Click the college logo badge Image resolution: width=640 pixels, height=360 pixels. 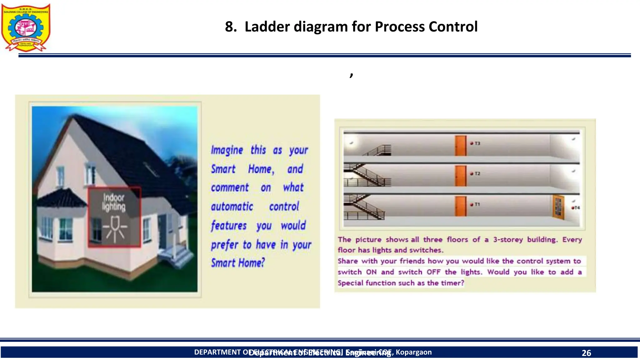tap(26, 27)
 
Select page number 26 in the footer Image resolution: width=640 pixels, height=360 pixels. tap(586, 353)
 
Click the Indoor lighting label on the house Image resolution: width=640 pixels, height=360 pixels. tap(114, 202)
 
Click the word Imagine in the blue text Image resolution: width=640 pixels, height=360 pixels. tap(227, 150)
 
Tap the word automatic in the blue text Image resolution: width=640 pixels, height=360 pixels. tap(232, 207)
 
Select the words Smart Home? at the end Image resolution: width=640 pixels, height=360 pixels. tap(238, 263)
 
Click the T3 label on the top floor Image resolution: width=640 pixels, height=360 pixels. tap(477, 143)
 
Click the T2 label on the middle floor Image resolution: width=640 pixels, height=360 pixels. tap(477, 173)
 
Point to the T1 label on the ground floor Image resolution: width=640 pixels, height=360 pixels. tap(477, 204)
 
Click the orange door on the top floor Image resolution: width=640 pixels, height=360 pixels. tap(461, 146)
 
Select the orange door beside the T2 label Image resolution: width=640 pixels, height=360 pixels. tap(461, 176)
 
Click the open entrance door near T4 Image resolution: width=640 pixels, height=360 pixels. tap(558, 207)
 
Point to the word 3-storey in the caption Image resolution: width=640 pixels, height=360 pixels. tap(508, 240)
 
